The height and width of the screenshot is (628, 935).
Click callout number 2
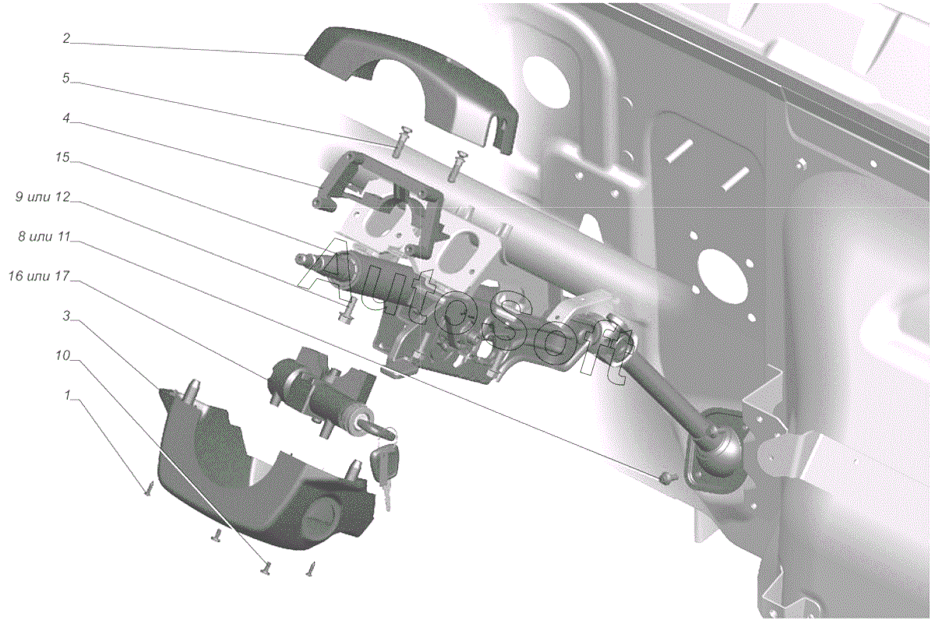pos(66,38)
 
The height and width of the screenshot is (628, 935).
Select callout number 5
pos(66,78)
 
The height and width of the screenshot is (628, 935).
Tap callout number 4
pos(66,118)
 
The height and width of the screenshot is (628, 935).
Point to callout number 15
pos(62,157)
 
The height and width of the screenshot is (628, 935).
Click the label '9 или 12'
pos(43,197)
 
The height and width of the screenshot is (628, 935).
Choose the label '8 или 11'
pos(44,237)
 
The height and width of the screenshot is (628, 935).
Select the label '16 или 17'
pos(39,277)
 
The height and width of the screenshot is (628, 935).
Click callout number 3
pos(66,316)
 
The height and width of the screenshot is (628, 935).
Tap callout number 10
pos(62,355)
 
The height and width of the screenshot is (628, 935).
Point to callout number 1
pos(67,395)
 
